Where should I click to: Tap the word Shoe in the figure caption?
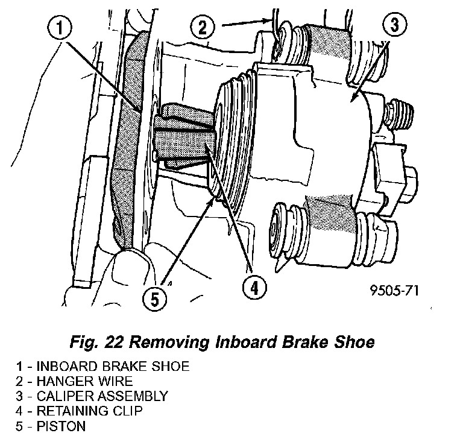354,343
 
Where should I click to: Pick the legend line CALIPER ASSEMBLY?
93,396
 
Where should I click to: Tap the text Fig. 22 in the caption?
97,343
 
